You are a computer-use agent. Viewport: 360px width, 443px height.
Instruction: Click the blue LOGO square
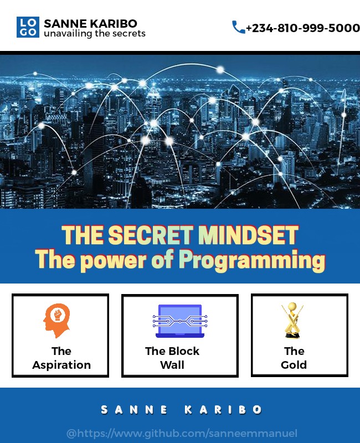coord(28,27)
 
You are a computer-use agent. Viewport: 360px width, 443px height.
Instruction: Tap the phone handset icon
coord(238,27)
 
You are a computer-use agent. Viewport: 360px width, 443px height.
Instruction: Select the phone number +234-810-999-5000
coord(302,28)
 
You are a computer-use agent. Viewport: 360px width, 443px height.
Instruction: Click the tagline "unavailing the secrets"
coord(95,34)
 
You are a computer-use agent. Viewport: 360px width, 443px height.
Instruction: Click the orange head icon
coord(56,320)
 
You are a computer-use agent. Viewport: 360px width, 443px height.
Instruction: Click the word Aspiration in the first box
coord(61,365)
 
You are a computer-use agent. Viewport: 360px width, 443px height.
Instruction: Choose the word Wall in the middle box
coord(172,365)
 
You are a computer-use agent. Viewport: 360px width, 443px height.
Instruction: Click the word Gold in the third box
coord(294,365)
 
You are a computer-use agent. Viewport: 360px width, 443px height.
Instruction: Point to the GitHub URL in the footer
coord(182,433)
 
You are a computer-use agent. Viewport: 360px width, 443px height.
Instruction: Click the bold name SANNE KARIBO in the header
coord(90,23)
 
